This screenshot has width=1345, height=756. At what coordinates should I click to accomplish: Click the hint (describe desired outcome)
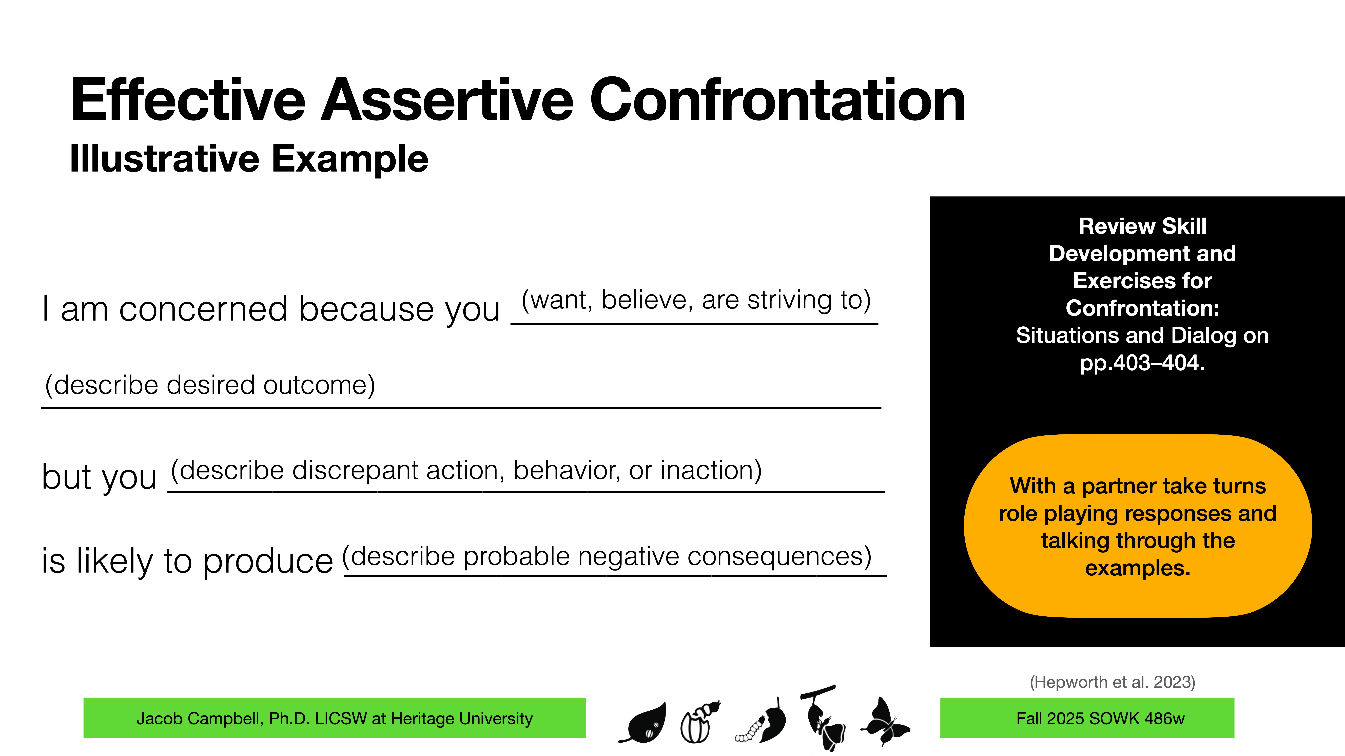point(210,385)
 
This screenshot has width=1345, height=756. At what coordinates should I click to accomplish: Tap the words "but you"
point(99,477)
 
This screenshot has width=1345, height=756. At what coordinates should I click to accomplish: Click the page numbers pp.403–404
point(1142,363)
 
